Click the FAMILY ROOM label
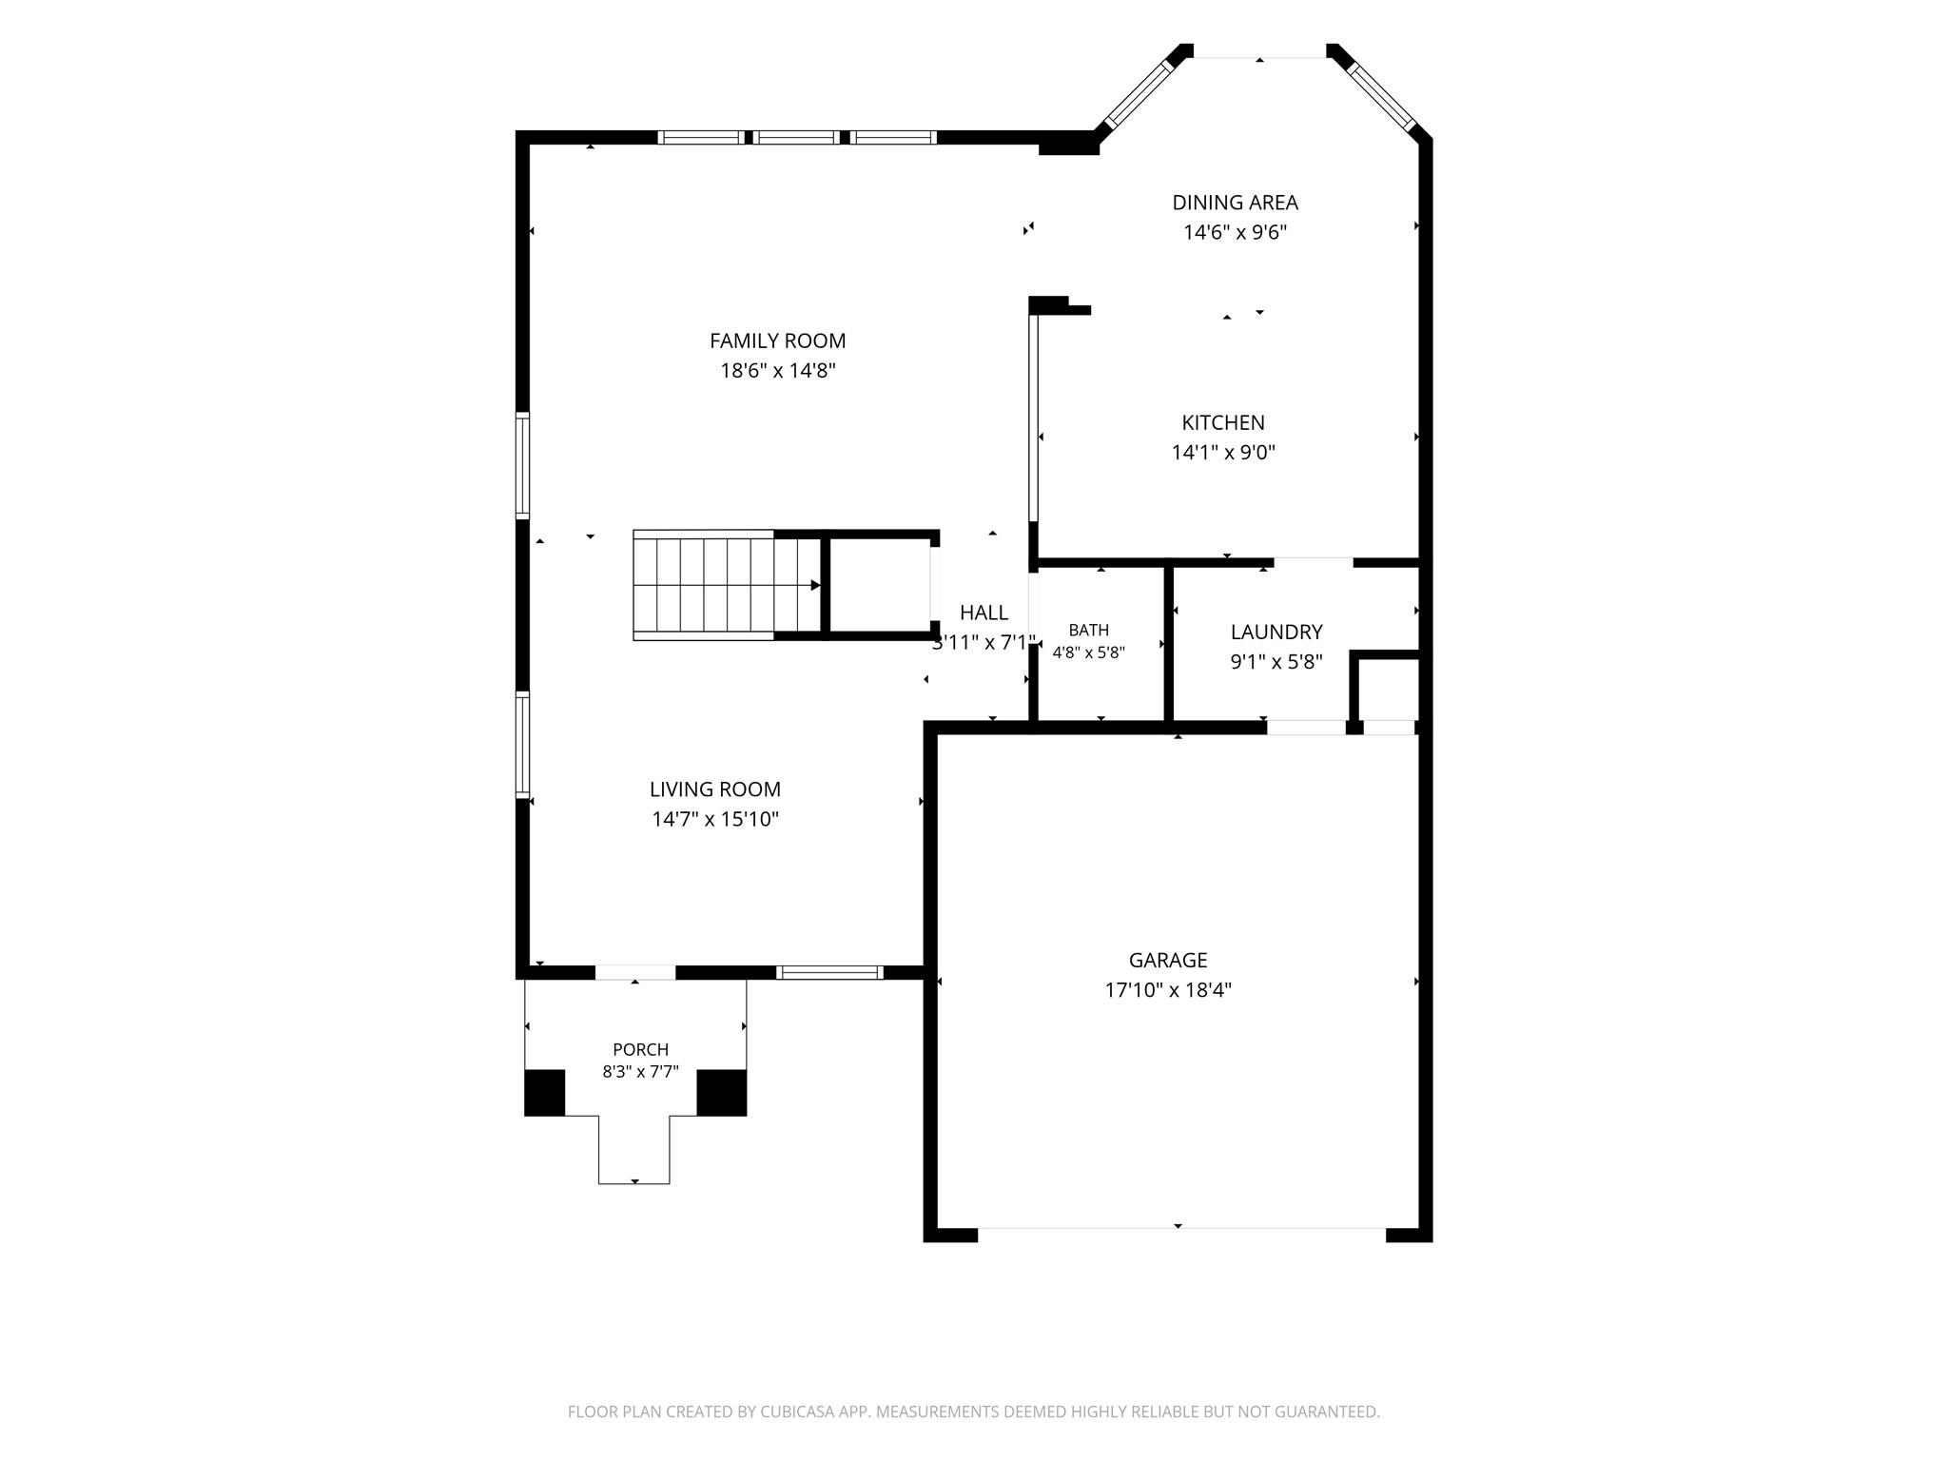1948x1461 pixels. pos(777,341)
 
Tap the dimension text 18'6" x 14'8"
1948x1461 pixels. pos(777,370)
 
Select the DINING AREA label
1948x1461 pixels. pos(1235,203)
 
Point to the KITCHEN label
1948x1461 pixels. pos(1223,422)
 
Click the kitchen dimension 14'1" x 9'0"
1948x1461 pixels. pos(1223,452)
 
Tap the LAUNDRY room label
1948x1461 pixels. pos(1276,632)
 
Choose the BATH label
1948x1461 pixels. pos(1088,630)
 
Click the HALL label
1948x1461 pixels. pos(984,613)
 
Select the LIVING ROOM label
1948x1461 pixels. pos(715,789)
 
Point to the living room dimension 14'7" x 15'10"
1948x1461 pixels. pos(715,819)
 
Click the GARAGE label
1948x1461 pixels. pos(1168,960)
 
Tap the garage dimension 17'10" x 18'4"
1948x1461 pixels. pos(1168,989)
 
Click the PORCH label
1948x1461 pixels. pos(640,1049)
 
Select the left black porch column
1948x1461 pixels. pos(545,1092)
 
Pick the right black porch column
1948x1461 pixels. pos(722,1092)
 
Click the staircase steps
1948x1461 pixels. pos(704,585)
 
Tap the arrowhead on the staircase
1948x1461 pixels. pos(815,585)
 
